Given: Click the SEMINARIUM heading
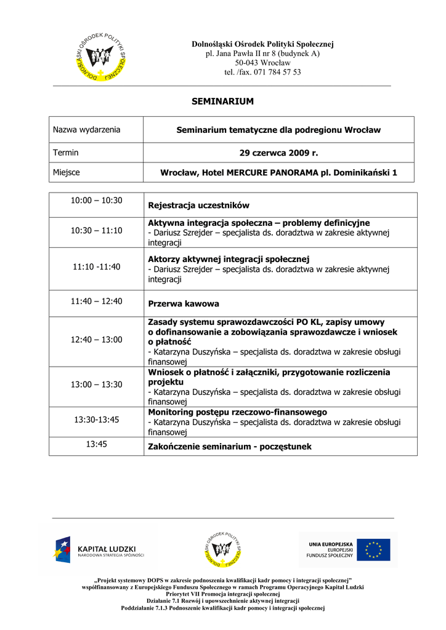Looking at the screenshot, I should tap(222, 102).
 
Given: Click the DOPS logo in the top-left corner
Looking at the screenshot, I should tap(101, 56).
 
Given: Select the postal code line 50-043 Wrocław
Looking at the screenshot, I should tap(262, 63).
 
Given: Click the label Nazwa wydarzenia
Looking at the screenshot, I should tap(87, 130).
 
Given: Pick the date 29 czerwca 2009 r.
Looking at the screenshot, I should tap(278, 153).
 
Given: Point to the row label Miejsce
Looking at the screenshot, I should tap(67, 173).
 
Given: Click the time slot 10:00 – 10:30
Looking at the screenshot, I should tap(96, 201).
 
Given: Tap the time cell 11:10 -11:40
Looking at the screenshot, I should tap(96, 267).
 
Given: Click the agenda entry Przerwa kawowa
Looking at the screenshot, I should tap(184, 304).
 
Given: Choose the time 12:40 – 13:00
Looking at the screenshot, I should tap(96, 340).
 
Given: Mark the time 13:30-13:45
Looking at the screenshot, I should tap(96, 420).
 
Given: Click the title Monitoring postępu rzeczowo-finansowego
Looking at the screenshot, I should tap(237, 412).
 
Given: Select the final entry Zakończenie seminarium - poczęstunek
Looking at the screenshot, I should tap(230, 447).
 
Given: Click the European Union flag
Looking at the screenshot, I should tap(373, 550).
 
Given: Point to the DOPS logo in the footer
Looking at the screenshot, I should tap(222, 549).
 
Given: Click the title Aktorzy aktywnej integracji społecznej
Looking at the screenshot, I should tap(228, 259).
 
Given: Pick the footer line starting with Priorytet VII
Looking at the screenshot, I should tap(222, 594).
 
